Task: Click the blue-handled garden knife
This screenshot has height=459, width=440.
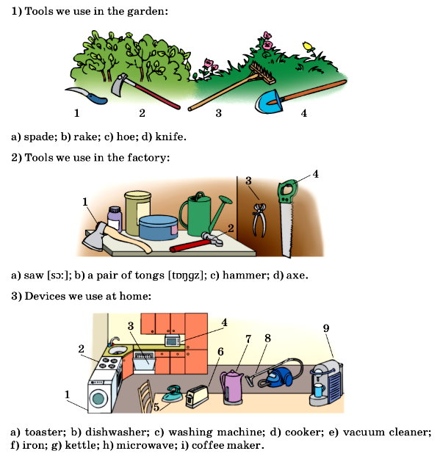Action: [88, 95]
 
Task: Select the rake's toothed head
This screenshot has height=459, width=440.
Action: [262, 73]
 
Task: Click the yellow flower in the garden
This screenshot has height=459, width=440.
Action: [307, 46]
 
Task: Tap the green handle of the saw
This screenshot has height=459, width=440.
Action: [288, 191]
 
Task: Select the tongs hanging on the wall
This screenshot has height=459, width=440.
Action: [259, 220]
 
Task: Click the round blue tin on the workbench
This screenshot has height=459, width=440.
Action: [158, 228]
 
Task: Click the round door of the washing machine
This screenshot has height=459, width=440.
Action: [98, 399]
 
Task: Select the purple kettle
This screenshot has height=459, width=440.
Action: [231, 387]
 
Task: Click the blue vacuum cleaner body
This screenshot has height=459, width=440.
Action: [278, 377]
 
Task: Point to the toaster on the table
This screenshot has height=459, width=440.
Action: [197, 397]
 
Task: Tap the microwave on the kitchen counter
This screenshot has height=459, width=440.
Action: [173, 341]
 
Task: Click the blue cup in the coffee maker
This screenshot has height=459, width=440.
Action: [319, 390]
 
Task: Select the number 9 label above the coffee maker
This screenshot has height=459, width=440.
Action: [326, 328]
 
